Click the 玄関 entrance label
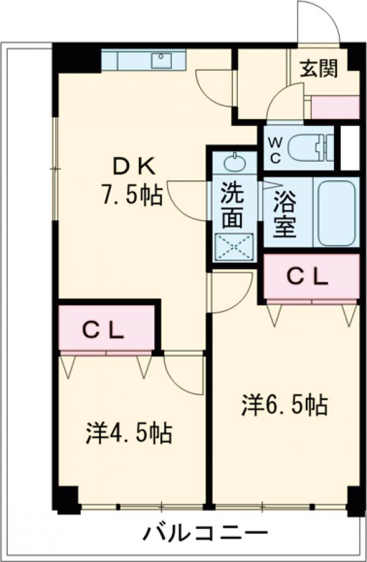tap(319, 70)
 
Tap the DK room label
tap(135, 166)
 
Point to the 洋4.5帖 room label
tap(128, 433)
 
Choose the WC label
tap(275, 150)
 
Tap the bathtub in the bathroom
tap(337, 211)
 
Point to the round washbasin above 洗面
tap(233, 163)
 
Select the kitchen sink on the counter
tap(162, 60)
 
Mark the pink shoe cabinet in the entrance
tap(335, 107)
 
